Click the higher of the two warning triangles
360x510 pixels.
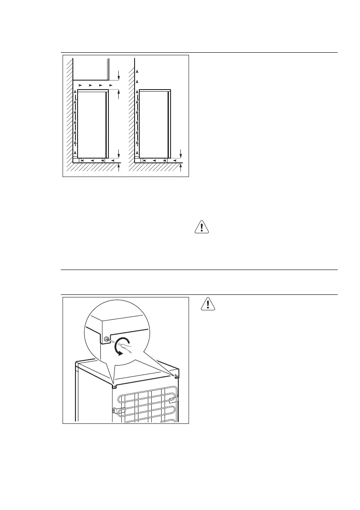(x=202, y=227)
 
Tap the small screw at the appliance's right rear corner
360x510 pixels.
(x=176, y=376)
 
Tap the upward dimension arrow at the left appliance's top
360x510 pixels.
(x=119, y=95)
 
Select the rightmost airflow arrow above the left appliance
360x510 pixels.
(x=111, y=86)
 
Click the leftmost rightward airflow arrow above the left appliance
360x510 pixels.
(x=80, y=86)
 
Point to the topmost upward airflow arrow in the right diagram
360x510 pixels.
(x=137, y=71)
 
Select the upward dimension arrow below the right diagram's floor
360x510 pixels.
(x=182, y=168)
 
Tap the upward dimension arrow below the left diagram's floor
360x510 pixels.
(x=119, y=168)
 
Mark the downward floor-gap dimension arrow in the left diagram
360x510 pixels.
(x=119, y=152)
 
